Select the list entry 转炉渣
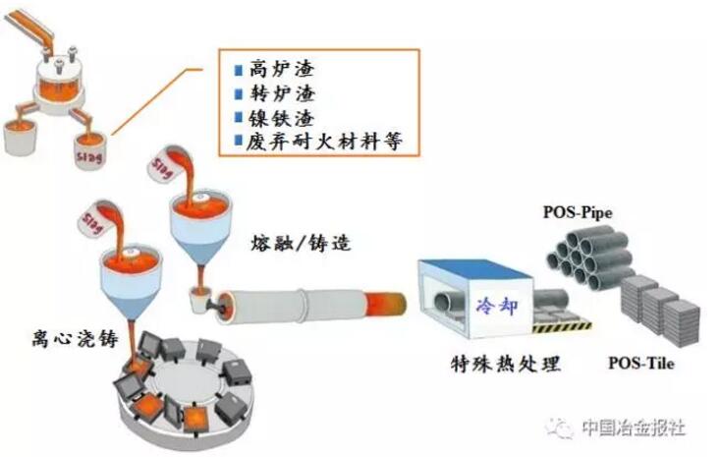point(269,93)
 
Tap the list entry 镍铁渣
point(269,117)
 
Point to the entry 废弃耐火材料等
point(312,141)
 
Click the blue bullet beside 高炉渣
point(236,70)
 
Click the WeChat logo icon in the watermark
point(562,427)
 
